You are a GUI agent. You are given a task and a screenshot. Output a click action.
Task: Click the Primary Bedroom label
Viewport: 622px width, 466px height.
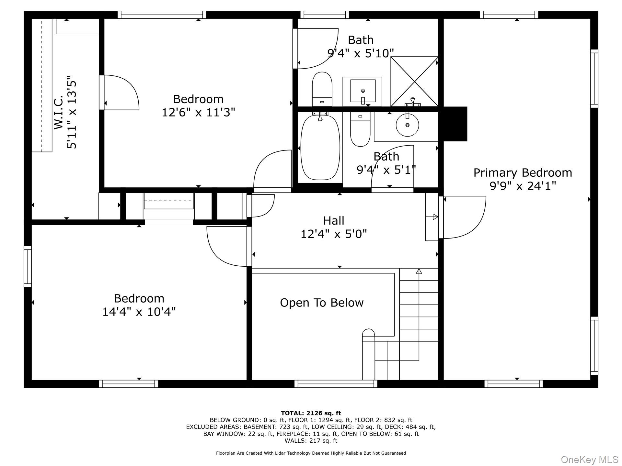(523, 173)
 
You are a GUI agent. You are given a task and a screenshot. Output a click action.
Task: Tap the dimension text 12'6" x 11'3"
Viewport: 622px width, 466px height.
(198, 113)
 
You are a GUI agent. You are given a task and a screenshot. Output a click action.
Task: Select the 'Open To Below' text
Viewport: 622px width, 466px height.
(322, 303)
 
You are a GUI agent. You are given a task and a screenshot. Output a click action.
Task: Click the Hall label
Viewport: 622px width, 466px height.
(334, 221)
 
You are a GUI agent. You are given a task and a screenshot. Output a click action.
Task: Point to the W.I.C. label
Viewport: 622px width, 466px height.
(58, 112)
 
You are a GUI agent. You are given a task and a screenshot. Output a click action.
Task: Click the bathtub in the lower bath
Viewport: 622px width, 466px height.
(320, 147)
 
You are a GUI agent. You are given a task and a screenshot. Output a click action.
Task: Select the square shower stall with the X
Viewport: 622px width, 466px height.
(414, 82)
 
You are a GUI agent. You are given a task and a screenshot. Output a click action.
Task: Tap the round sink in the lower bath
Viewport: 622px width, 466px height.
(407, 125)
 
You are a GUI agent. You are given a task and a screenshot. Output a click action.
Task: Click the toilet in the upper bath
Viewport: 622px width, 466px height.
(322, 89)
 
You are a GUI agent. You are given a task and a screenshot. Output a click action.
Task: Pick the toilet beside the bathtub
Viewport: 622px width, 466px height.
(360, 129)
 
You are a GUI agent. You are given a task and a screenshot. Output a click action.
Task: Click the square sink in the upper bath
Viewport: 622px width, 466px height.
(363, 92)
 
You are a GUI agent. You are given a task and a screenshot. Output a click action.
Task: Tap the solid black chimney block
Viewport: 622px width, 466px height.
(455, 124)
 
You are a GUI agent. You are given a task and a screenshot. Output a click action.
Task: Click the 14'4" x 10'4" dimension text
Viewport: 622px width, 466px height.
(139, 312)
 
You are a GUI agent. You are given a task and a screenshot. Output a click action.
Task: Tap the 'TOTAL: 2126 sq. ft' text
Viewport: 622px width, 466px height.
(311, 413)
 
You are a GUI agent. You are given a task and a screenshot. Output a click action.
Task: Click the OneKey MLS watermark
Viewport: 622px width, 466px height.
(590, 460)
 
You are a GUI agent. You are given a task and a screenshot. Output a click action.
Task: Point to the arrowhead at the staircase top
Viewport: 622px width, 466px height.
(419, 271)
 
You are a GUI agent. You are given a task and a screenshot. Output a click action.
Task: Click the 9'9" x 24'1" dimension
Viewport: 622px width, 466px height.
(523, 186)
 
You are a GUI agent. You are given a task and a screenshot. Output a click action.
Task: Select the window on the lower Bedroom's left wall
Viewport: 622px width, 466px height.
(28, 266)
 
